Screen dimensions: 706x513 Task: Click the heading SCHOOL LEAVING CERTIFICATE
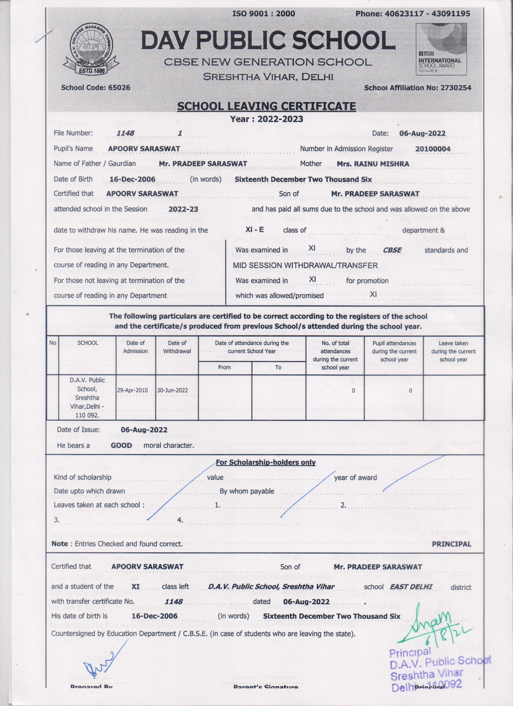click(x=266, y=107)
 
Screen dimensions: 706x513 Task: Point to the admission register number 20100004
click(x=433, y=149)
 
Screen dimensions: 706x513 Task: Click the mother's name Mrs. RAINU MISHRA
click(x=373, y=164)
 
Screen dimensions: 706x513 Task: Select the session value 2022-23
click(x=183, y=209)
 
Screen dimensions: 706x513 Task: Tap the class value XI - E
click(x=254, y=230)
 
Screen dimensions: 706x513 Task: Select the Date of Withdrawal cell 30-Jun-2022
click(x=177, y=390)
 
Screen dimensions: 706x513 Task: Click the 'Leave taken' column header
click(x=453, y=351)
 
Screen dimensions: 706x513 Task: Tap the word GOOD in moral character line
click(x=121, y=445)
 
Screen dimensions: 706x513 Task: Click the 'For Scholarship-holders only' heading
click(x=266, y=463)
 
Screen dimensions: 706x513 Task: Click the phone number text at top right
click(x=413, y=13)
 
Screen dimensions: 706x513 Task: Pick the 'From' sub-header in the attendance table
click(x=225, y=367)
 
